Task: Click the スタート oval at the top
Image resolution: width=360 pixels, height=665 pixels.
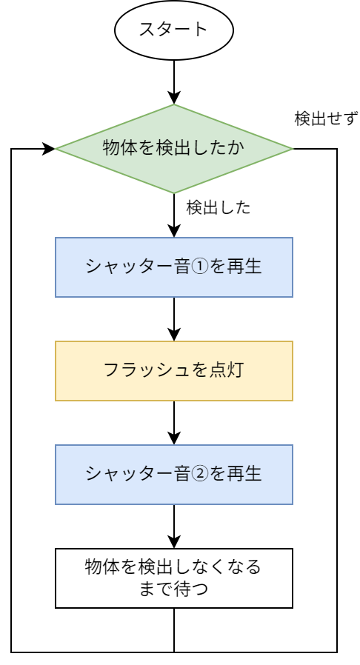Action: click(x=174, y=30)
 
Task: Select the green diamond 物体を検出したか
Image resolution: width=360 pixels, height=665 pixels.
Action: click(x=174, y=149)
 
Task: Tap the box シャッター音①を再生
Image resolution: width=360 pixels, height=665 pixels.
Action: click(x=174, y=267)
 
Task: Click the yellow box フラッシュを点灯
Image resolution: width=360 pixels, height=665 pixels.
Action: click(x=174, y=371)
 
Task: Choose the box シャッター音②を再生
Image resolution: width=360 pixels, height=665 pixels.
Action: click(x=174, y=474)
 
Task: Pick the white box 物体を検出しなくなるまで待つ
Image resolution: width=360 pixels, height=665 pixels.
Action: click(x=174, y=578)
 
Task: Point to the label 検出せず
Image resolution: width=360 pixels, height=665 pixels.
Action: click(x=326, y=118)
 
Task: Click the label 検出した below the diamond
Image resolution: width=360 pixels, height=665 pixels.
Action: click(x=219, y=208)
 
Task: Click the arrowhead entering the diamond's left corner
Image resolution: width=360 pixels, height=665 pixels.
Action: click(x=49, y=149)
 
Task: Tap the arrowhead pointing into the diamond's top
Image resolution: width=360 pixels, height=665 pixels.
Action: click(x=174, y=98)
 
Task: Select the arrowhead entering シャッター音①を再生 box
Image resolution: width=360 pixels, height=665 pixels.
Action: click(x=174, y=231)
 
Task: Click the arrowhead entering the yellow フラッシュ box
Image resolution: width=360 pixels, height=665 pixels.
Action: click(x=174, y=335)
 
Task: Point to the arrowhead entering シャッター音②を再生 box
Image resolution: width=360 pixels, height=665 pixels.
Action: click(x=174, y=438)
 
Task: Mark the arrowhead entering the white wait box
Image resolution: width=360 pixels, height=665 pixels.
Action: click(x=174, y=542)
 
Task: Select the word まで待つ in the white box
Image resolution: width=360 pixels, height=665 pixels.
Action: click(x=174, y=589)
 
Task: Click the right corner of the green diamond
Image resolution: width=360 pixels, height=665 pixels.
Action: click(x=293, y=149)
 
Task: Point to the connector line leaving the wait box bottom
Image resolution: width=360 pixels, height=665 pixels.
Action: click(x=174, y=630)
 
